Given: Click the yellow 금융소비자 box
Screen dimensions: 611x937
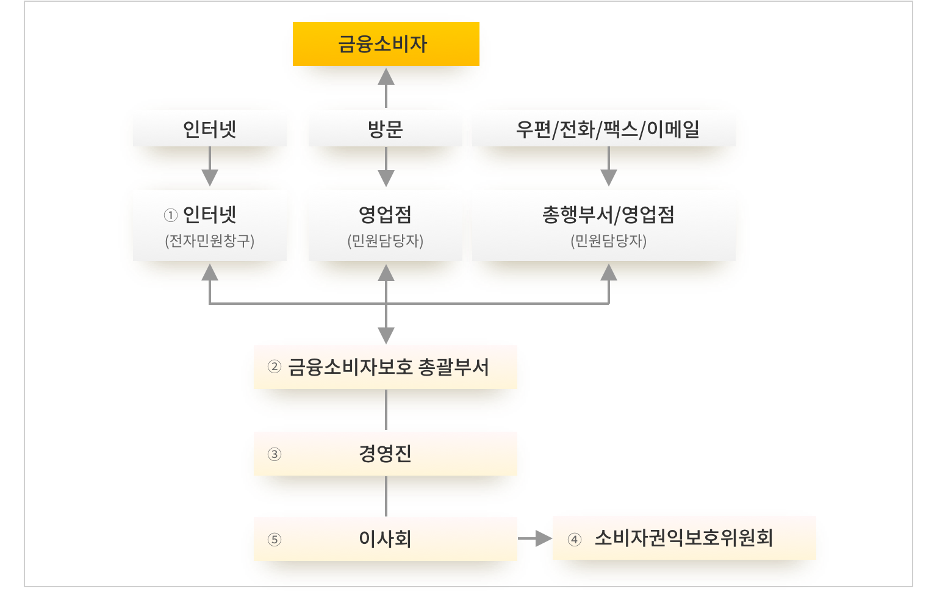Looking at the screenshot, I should point(386,44).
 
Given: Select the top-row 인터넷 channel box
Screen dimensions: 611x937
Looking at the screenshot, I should point(209,129).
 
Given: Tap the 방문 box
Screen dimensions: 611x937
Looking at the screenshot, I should point(385,129).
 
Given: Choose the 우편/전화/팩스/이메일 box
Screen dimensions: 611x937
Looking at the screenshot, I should point(607,129).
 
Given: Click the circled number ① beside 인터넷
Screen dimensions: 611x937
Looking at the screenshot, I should point(171,215).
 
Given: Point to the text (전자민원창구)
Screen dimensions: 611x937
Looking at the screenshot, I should point(209,241).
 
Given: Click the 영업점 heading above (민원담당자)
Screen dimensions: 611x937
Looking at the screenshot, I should point(385,215).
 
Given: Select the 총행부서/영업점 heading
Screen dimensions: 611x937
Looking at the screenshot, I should point(608,215).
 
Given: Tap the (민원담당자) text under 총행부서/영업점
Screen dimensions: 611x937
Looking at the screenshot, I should point(608,241).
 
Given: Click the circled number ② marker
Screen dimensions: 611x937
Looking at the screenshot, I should point(275,367).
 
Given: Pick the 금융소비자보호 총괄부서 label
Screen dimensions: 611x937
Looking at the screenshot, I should point(389,367).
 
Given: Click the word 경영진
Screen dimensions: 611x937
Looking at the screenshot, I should point(385,454).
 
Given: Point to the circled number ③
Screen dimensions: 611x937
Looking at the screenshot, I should point(275,454).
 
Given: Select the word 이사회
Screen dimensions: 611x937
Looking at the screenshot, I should point(385,539).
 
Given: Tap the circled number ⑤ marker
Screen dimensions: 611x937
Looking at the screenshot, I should point(275,540).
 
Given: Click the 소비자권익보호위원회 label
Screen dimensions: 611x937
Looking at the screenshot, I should point(684,538).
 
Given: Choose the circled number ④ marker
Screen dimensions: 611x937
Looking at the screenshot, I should point(574,540).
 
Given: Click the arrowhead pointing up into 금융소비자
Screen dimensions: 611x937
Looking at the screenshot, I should point(386,76).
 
